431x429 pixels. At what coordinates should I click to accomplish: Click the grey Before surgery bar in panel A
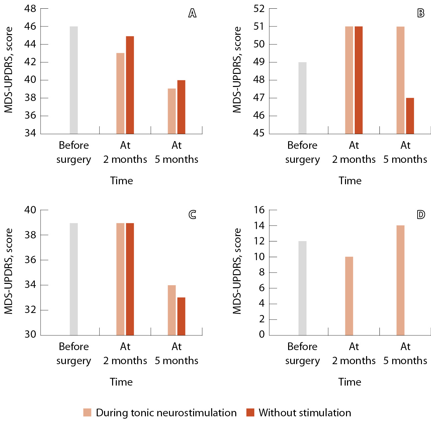(x=74, y=80)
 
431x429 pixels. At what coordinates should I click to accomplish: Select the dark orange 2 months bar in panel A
(x=130, y=85)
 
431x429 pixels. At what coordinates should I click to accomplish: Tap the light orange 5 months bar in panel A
(x=172, y=111)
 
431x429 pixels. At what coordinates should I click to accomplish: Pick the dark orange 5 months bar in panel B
(x=410, y=116)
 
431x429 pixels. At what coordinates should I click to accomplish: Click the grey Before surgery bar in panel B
(x=303, y=98)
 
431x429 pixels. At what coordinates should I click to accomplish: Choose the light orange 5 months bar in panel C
(x=172, y=310)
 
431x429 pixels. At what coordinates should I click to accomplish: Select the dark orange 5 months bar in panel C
(x=181, y=316)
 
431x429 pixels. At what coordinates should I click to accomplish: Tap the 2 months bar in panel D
(x=349, y=296)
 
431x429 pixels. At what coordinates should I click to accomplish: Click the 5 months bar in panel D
(x=401, y=280)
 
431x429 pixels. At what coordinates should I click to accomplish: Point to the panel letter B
(x=421, y=13)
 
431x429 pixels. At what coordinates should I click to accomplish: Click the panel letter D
(x=421, y=214)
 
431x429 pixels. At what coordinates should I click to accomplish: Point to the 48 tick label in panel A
(x=30, y=9)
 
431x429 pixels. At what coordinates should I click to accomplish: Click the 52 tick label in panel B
(x=259, y=9)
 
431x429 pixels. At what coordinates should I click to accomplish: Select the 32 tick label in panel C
(x=30, y=310)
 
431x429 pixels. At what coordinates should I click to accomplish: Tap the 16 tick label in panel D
(x=259, y=210)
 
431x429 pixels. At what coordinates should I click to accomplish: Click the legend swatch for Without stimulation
(x=250, y=413)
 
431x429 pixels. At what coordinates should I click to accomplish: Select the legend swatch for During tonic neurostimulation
(x=87, y=413)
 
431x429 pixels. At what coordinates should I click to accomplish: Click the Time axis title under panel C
(x=121, y=382)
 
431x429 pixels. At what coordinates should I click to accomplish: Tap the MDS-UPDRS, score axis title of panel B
(x=237, y=70)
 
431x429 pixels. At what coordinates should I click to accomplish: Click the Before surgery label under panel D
(x=303, y=353)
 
